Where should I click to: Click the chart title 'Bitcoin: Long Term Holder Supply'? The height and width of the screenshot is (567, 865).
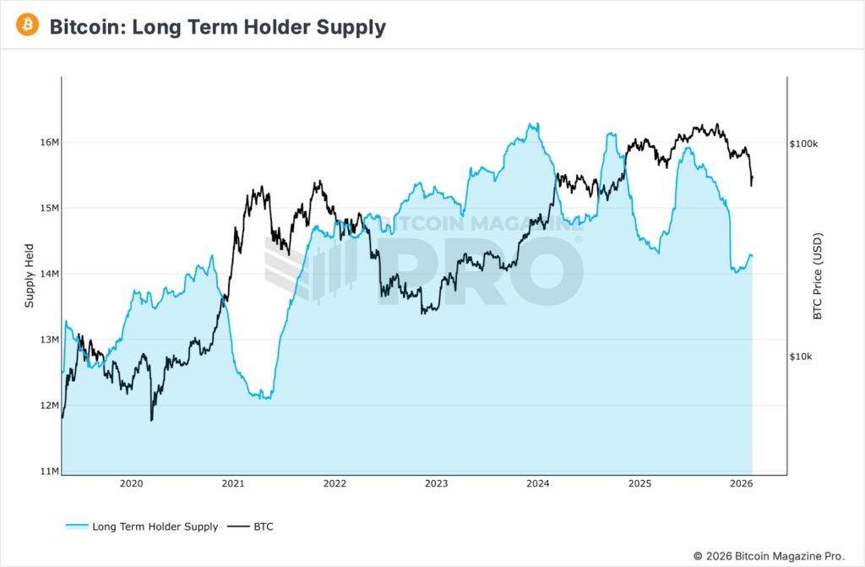[x=217, y=27]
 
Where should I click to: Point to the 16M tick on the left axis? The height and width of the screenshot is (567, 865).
[x=49, y=142]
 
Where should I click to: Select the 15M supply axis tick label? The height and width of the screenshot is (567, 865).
[x=49, y=208]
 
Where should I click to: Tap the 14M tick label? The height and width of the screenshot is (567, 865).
[x=49, y=274]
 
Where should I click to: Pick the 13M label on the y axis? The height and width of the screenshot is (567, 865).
[x=49, y=340]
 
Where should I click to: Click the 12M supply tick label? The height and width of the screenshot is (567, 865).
[x=49, y=406]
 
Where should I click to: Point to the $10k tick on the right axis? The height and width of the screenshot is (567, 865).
[x=802, y=357]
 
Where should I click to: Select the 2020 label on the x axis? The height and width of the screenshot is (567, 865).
[x=131, y=484]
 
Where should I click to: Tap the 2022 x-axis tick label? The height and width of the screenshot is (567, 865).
[x=335, y=484]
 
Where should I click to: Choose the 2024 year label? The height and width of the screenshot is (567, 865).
[x=538, y=484]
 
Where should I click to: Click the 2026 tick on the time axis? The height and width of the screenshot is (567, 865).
[x=741, y=484]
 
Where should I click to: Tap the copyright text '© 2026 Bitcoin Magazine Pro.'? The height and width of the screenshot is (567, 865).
[x=769, y=556]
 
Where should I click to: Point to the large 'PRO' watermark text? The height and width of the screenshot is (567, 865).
[x=480, y=270]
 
